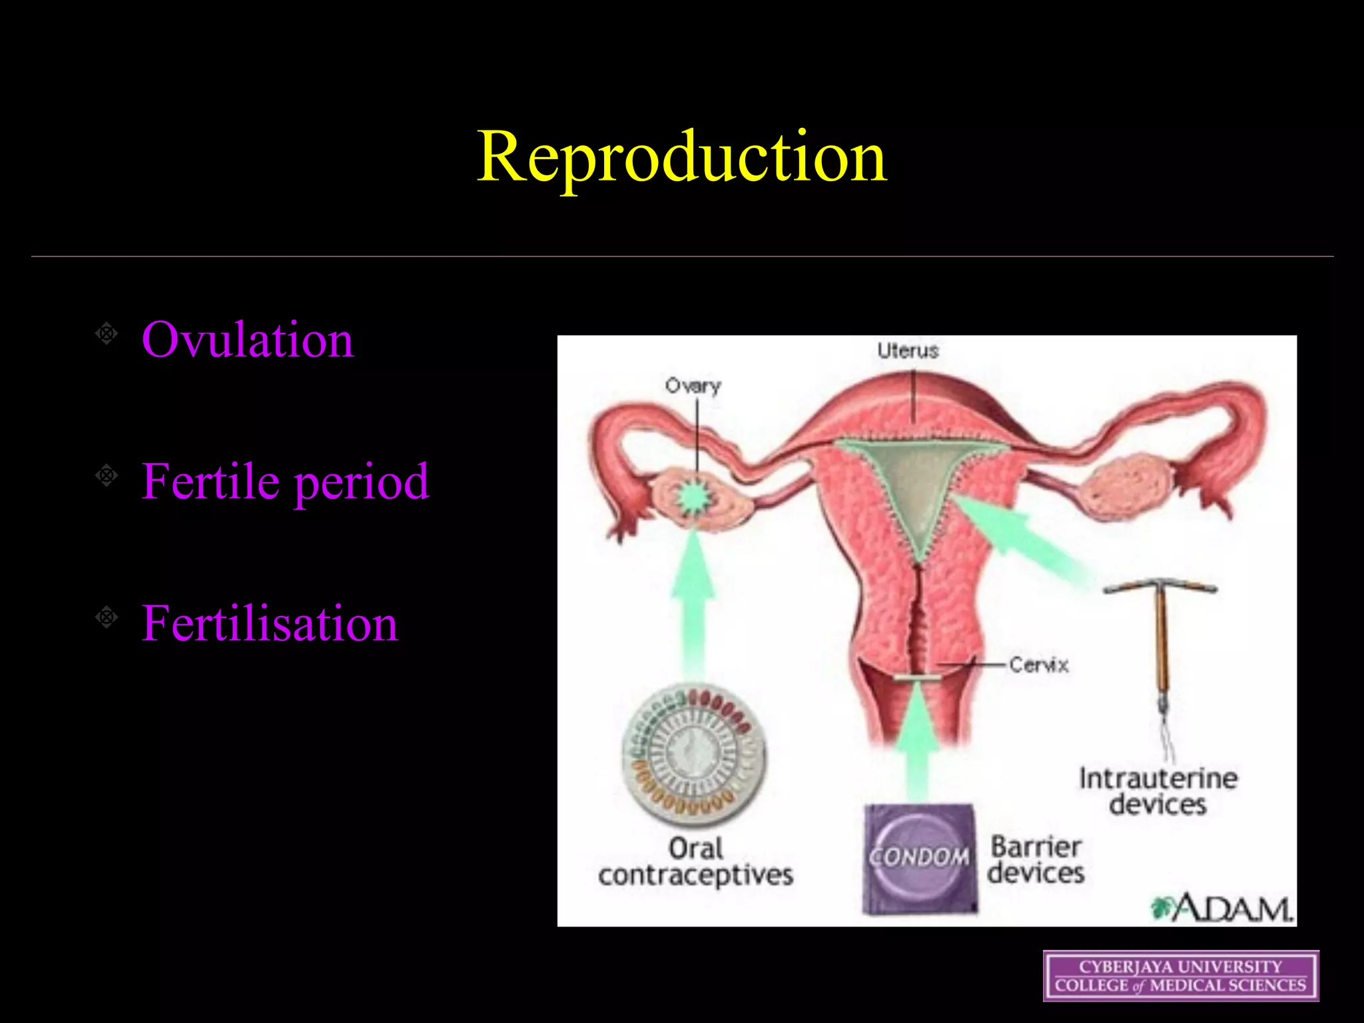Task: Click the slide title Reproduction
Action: click(681, 157)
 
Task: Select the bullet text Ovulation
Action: click(247, 340)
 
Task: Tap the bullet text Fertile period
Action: click(285, 481)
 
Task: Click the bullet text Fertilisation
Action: click(269, 623)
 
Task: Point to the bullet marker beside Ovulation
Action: click(107, 332)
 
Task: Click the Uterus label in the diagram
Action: click(907, 350)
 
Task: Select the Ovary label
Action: click(693, 386)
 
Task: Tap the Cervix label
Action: click(1038, 665)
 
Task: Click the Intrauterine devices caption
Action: click(1158, 791)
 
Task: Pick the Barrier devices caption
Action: click(1036, 860)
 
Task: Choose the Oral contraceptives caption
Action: click(695, 862)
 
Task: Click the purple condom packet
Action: click(919, 858)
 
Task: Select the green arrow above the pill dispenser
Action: click(693, 599)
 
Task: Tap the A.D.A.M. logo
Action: click(1223, 908)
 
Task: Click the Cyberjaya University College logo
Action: click(1181, 976)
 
